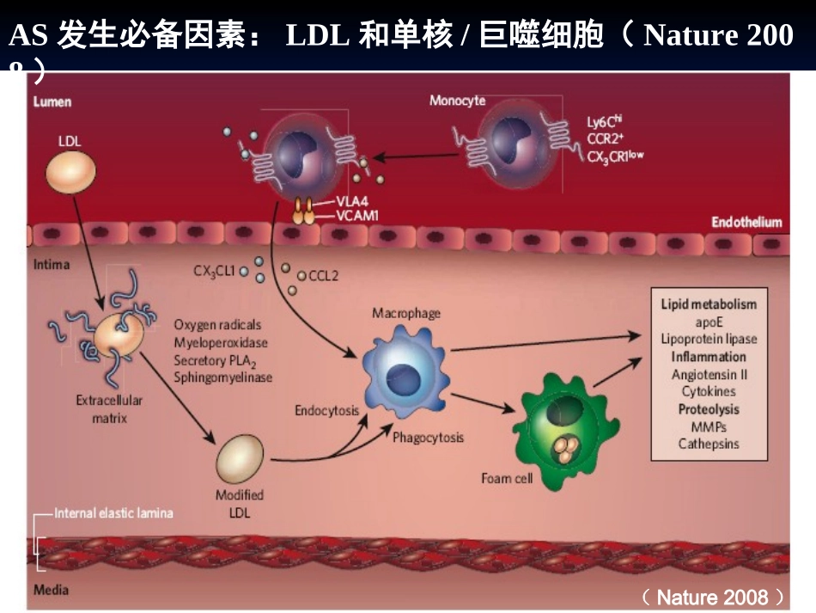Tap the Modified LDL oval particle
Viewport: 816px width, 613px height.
click(240, 460)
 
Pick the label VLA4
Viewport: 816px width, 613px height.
click(351, 203)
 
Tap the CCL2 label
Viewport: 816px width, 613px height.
click(323, 276)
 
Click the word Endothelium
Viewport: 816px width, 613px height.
click(746, 222)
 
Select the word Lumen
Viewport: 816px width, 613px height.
click(52, 101)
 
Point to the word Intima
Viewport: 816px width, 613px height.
click(52, 264)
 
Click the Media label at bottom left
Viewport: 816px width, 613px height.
click(51, 590)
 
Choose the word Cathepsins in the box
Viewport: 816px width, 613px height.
click(709, 444)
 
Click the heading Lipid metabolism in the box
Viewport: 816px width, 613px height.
click(709, 304)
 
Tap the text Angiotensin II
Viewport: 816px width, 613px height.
click(709, 374)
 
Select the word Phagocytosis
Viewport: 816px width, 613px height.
click(428, 438)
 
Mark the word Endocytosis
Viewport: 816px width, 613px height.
click(326, 410)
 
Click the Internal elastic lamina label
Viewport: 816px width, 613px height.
click(113, 513)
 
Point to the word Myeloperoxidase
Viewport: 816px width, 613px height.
click(221, 342)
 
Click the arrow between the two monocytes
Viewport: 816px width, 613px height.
click(413, 157)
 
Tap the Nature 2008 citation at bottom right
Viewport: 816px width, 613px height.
click(713, 597)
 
